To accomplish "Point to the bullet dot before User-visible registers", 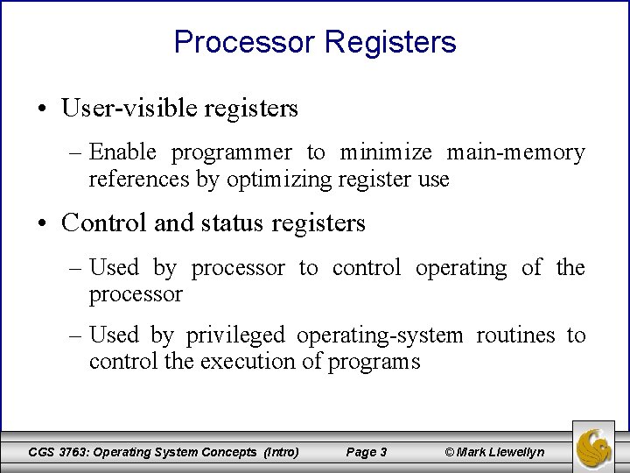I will pos(43,109).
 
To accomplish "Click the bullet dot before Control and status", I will pos(43,224).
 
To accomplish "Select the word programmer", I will pos(232,153).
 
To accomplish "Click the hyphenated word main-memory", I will pos(516,153).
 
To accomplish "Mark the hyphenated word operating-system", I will pos(381,335).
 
